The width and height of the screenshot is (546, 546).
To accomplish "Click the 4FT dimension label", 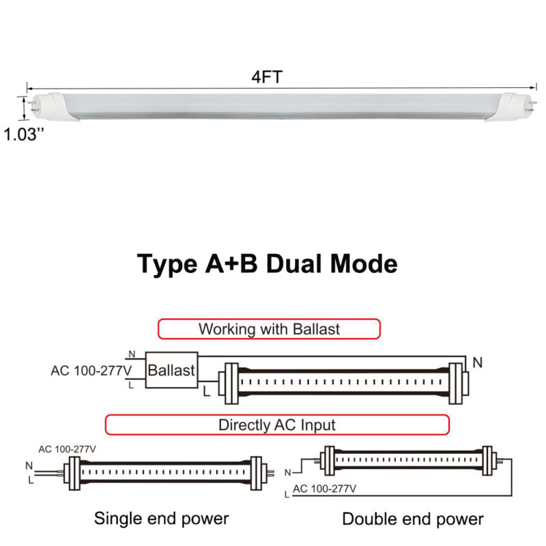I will [267, 77].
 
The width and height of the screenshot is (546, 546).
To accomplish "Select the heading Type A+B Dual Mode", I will [268, 263].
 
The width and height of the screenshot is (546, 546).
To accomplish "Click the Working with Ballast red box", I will [269, 329].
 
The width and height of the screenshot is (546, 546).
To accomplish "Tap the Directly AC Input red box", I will [276, 425].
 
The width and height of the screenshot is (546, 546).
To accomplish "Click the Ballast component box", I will [172, 371].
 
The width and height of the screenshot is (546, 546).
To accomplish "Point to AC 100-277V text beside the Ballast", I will [91, 371].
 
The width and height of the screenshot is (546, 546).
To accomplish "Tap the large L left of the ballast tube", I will [206, 392].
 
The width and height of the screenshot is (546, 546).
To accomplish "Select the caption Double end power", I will [412, 519].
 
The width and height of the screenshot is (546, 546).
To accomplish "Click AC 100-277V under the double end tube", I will [325, 489].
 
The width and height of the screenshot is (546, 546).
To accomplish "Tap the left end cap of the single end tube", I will [72, 472].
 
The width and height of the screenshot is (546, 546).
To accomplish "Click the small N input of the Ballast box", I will [132, 354].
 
